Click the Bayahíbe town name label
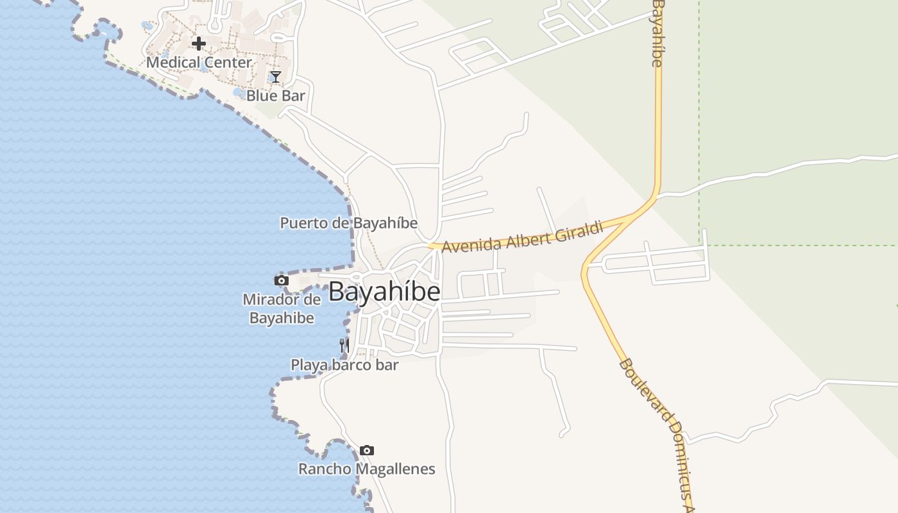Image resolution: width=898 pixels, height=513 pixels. click(x=384, y=292)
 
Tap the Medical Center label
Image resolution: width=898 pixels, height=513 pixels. click(x=199, y=63)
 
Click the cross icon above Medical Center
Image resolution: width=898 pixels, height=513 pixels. click(x=199, y=44)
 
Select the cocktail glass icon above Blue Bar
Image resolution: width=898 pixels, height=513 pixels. click(x=276, y=78)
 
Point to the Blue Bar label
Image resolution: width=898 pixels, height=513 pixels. click(x=276, y=96)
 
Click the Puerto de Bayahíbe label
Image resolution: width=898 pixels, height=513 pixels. click(x=348, y=223)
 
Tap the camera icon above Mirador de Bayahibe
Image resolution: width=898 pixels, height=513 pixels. click(x=281, y=280)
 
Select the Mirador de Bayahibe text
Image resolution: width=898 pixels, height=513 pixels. click(x=281, y=308)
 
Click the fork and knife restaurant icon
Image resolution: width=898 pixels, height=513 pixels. click(x=344, y=346)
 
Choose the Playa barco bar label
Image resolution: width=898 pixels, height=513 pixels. click(x=344, y=366)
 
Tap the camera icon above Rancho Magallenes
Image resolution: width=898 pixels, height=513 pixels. click(x=366, y=450)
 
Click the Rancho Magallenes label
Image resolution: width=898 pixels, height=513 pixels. click(x=366, y=469)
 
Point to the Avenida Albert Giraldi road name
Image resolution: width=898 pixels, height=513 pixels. click(x=522, y=237)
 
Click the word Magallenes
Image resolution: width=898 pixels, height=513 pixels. click(x=394, y=469)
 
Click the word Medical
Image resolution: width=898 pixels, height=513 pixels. click(x=171, y=63)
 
